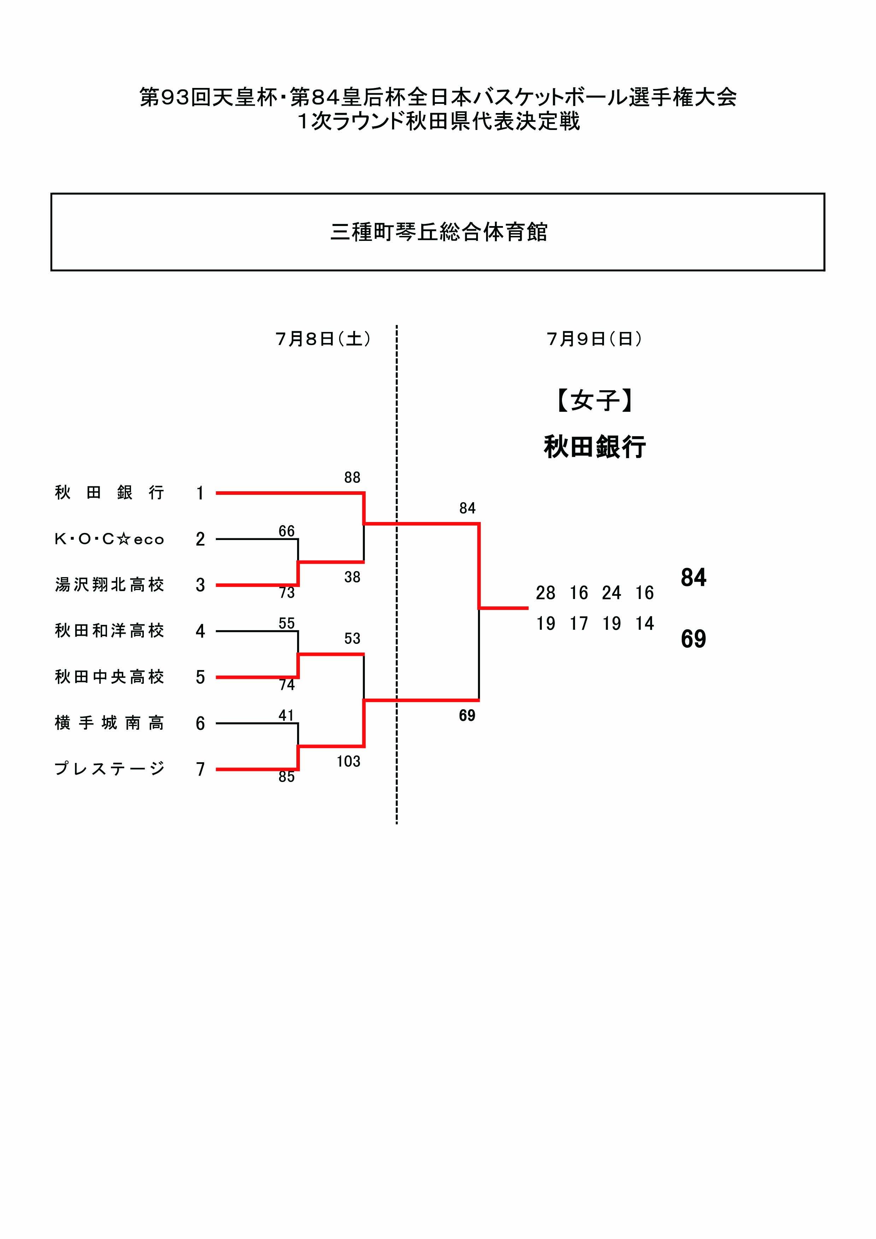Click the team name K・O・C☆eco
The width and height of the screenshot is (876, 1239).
tap(109, 539)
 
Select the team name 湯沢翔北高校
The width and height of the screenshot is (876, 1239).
tap(109, 585)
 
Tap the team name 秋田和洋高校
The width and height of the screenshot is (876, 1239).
tap(109, 631)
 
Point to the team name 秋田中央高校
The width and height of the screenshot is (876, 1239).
tap(109, 677)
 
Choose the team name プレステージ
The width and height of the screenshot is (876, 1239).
tap(109, 769)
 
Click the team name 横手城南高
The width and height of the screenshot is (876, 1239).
tap(109, 723)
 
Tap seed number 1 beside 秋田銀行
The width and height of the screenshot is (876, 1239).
tap(200, 493)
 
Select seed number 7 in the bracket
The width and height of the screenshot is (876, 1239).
tap(200, 769)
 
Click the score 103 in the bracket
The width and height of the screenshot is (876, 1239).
tap(348, 761)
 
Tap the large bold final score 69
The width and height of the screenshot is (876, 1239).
tap(694, 639)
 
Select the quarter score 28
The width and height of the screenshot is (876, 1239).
tap(546, 593)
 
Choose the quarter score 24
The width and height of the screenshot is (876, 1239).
tap(611, 593)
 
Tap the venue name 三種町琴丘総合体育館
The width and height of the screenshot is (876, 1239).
tap(438, 232)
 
